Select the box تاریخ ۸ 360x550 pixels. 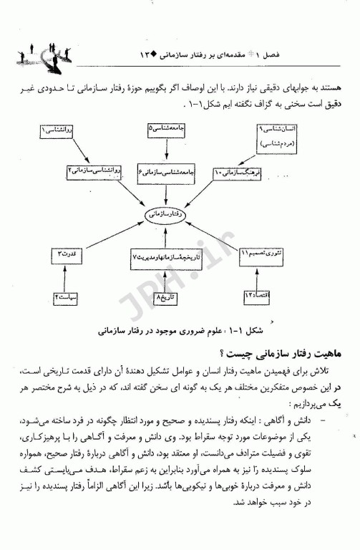click(165, 296)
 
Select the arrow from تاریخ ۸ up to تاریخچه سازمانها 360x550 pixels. click(165, 276)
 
